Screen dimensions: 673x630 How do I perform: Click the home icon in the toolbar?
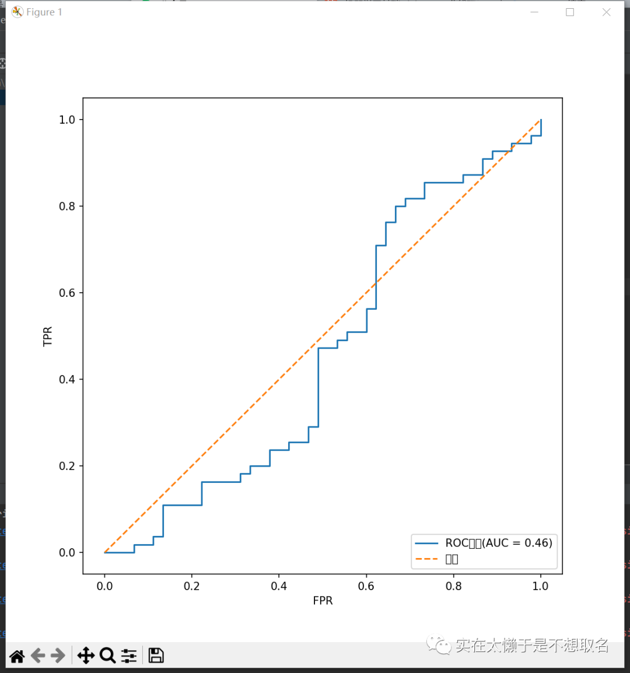(x=17, y=656)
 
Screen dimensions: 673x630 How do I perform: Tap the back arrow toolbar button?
(x=38, y=656)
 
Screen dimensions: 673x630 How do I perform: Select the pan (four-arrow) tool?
(x=86, y=656)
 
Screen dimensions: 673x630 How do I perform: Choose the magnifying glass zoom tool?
(x=107, y=656)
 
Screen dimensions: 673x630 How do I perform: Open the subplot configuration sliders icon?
(x=129, y=656)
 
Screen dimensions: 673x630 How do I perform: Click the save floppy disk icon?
(x=156, y=656)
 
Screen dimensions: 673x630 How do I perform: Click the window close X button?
(x=607, y=12)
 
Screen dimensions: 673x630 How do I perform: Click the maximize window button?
(x=570, y=12)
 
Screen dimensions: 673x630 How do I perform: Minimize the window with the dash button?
(x=534, y=12)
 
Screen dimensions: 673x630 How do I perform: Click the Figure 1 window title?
(x=44, y=12)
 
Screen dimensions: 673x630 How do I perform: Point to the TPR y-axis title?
(x=48, y=336)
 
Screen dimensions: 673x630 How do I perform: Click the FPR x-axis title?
(x=323, y=601)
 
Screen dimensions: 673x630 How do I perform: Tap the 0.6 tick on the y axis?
(x=67, y=293)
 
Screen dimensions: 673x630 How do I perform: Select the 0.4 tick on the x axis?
(x=279, y=586)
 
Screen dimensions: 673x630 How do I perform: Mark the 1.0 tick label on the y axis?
(x=67, y=120)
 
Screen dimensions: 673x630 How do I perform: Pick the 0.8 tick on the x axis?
(x=453, y=586)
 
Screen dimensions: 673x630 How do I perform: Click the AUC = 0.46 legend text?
(x=499, y=543)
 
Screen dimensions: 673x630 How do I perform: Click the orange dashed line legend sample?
(x=426, y=559)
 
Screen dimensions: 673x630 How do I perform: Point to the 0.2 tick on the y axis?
(x=67, y=466)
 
